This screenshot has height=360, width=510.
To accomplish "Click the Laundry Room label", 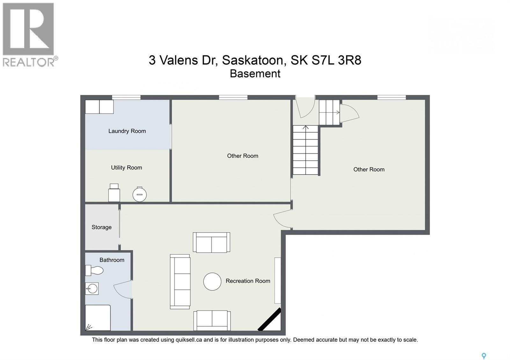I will click(x=127, y=131).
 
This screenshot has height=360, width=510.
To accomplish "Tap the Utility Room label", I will click(x=126, y=168).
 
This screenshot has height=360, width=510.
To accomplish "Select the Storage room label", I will click(x=101, y=227).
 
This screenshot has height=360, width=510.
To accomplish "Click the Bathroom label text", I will click(x=112, y=260).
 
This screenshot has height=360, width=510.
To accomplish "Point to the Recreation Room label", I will click(x=248, y=281).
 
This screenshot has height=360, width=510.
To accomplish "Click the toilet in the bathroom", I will click(x=94, y=270).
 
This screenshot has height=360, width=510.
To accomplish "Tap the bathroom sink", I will click(x=92, y=289).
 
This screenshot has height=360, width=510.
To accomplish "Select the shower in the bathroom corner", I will click(x=98, y=318).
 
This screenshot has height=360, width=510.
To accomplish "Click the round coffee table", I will click(x=212, y=282).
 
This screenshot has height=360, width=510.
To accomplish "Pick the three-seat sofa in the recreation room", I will click(x=180, y=282).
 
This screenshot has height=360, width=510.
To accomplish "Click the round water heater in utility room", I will click(x=139, y=194).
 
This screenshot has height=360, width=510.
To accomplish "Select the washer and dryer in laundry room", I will click(x=99, y=107).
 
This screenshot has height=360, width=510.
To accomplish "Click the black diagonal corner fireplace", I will click(x=269, y=320).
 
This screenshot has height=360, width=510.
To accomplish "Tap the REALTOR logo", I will click(x=29, y=34).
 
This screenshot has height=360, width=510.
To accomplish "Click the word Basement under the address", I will click(x=255, y=74).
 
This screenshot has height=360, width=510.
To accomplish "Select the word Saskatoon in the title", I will click(x=252, y=60).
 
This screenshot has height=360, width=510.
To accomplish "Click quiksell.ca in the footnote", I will click(x=189, y=340).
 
